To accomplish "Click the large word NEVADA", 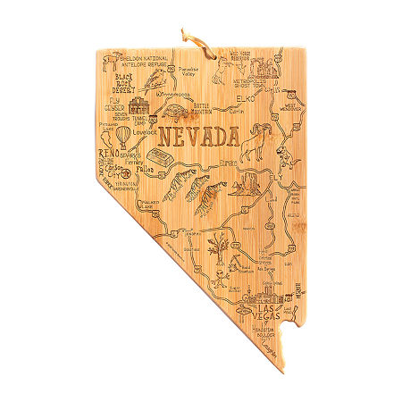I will [x=198, y=138].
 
